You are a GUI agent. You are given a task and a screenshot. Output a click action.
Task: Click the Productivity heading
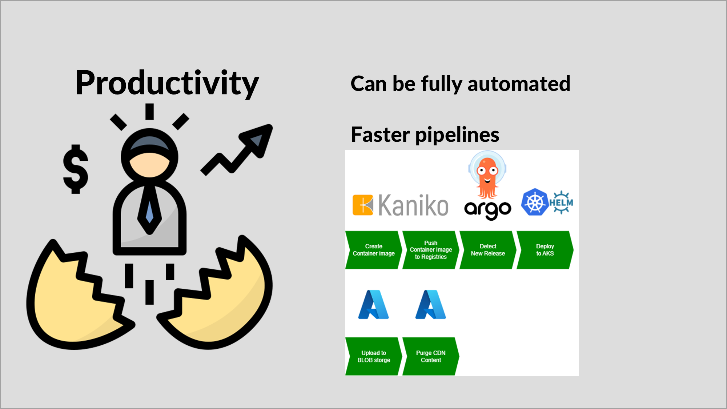click(167, 83)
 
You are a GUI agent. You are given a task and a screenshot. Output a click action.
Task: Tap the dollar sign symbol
click(76, 169)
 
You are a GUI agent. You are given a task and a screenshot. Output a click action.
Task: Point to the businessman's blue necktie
click(149, 211)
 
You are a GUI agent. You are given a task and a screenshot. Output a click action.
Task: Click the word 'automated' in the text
click(519, 84)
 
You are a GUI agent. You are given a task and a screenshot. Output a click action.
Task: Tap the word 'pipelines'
click(457, 135)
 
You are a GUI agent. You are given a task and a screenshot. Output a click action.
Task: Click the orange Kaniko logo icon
click(363, 205)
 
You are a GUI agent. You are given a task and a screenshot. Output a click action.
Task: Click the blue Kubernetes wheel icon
click(534, 202)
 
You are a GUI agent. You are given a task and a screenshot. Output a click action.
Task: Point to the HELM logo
click(561, 202)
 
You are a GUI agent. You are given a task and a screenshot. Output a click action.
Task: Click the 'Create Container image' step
click(373, 250)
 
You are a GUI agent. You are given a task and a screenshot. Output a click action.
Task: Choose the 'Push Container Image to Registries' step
click(431, 250)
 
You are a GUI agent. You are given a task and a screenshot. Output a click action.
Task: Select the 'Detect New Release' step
click(487, 250)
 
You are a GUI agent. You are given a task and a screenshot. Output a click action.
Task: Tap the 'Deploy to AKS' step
click(545, 250)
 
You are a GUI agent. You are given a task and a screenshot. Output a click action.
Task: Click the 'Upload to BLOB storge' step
click(373, 356)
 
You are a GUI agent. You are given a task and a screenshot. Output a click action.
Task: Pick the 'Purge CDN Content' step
click(431, 356)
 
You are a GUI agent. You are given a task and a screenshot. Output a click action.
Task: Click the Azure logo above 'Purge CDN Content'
click(431, 305)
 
